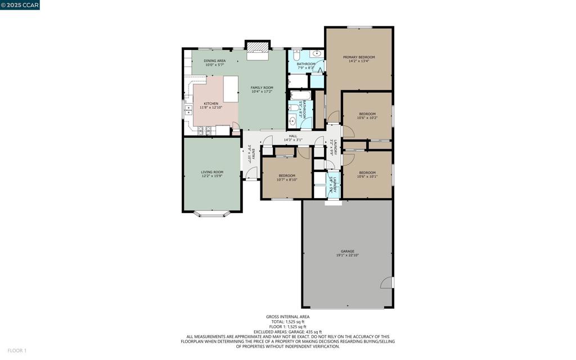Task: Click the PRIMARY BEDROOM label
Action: (359, 57)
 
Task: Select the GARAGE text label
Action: (347, 251)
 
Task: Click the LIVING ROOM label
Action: (212, 172)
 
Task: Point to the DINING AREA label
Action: (214, 61)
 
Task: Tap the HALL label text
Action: (293, 136)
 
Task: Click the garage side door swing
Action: (387, 282)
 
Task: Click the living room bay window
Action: (212, 214)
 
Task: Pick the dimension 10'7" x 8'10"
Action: (286, 180)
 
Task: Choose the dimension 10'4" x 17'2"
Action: (262, 92)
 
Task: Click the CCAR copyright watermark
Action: (20, 4)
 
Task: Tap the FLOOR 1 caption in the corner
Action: (17, 351)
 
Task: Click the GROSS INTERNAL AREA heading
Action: (287, 317)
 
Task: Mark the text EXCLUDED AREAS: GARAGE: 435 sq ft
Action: (287, 332)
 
